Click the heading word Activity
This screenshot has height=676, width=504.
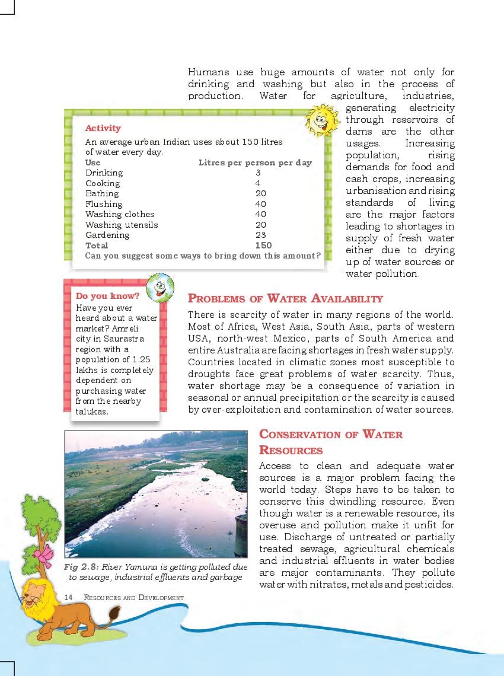coord(103,128)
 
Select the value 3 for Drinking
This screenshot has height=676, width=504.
coord(258,173)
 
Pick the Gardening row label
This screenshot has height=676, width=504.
coord(107,235)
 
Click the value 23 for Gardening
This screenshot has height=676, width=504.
coord(260,235)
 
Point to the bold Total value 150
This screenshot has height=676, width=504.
coord(263,245)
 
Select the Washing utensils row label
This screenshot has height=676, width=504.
coord(122,225)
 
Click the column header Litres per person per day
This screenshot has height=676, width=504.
coord(255,162)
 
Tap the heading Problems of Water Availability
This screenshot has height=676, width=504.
coord(285,299)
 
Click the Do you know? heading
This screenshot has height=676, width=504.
coord(108,296)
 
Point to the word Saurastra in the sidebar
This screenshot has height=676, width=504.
coord(125,339)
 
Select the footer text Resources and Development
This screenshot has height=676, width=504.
coord(134,597)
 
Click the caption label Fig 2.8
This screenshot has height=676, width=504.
coord(81,567)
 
